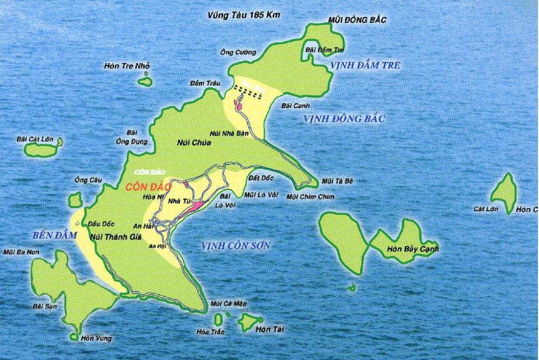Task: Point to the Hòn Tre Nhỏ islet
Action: coord(144,81)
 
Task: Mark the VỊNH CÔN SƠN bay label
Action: coord(235,245)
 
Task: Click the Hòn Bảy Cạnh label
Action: coord(413,249)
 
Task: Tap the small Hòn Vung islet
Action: coord(74,336)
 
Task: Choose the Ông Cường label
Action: coord(237,52)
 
